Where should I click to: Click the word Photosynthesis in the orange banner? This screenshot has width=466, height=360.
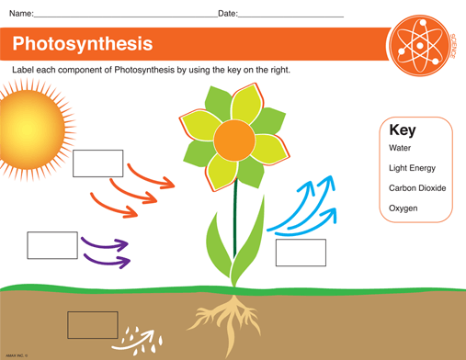pos(83,43)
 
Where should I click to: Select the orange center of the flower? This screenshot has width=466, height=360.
pos(234,140)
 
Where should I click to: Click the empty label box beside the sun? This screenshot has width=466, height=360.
pos(97,163)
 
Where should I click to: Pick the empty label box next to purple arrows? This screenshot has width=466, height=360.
pos(52,245)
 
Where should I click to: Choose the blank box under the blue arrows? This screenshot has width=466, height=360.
pos(301,253)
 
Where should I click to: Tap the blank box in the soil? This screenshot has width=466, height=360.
pos(93,325)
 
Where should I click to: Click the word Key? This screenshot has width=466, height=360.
pos(403,130)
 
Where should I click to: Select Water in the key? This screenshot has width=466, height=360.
pos(400,148)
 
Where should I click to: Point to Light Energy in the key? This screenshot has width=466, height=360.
pos(412,168)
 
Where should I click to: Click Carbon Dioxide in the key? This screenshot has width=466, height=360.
pos(417,188)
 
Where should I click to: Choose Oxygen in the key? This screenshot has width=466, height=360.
pos(403,208)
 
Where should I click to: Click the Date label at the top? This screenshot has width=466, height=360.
pos(227,14)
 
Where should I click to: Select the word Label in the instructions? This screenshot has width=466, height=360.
pos(23,70)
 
